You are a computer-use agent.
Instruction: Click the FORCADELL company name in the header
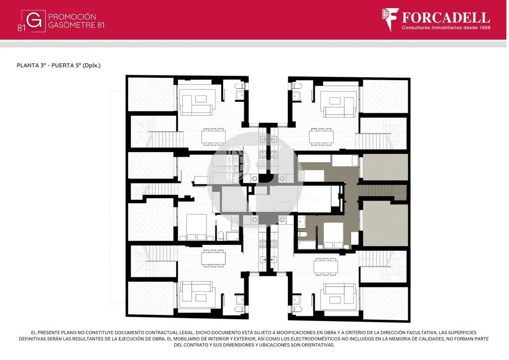446,18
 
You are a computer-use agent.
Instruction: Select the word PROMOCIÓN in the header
72,17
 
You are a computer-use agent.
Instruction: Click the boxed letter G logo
34,21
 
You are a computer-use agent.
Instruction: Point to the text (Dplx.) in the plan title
92,65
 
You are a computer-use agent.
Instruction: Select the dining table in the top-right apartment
321,137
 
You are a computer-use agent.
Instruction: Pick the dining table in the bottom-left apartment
213,258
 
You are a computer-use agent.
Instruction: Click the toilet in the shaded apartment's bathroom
303,235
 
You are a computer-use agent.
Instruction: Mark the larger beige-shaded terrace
385,223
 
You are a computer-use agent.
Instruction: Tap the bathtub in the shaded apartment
307,245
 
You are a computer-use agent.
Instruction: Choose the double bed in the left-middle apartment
196,227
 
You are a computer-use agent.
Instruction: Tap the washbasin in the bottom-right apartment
296,300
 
